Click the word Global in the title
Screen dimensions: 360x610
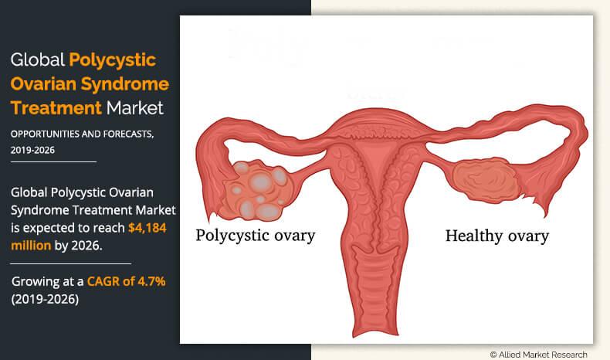[x=36, y=59]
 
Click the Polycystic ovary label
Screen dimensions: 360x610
[x=255, y=235]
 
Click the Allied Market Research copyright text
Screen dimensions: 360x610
[x=538, y=354]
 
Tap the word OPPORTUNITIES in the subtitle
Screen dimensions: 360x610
[x=48, y=134]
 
